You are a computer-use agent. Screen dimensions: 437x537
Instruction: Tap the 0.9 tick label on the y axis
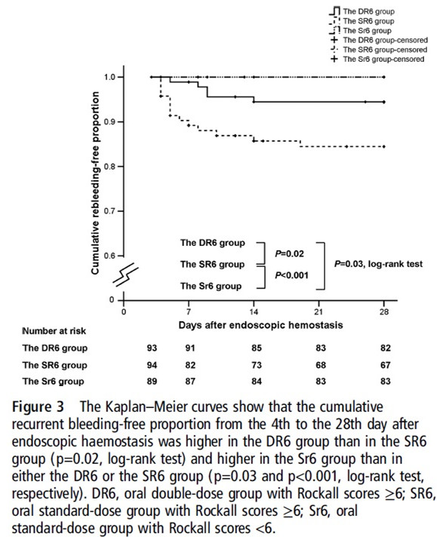pyautogui.click(x=109, y=122)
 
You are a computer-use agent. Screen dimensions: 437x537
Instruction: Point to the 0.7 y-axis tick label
pyautogui.click(x=109, y=211)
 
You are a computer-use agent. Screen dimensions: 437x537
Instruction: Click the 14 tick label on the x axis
pyautogui.click(x=254, y=311)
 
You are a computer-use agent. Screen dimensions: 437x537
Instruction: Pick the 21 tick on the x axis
pyautogui.click(x=319, y=311)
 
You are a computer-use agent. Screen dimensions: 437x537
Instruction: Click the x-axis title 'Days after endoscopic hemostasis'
pyautogui.click(x=260, y=324)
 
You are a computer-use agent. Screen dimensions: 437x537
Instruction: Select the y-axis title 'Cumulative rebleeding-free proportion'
pyautogui.click(x=95, y=183)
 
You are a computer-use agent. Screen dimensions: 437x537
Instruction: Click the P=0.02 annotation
pyautogui.click(x=289, y=253)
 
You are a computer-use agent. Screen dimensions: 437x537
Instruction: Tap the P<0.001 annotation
pyautogui.click(x=291, y=275)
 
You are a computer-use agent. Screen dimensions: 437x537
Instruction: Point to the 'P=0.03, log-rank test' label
pyautogui.click(x=378, y=264)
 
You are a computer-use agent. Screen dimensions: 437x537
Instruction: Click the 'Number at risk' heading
pyautogui.click(x=54, y=331)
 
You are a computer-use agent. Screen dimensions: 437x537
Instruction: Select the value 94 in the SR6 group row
pyautogui.click(x=152, y=365)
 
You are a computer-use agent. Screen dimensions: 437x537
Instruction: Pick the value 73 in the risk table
pyautogui.click(x=257, y=365)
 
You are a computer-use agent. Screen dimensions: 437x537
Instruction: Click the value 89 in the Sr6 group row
pyautogui.click(x=152, y=381)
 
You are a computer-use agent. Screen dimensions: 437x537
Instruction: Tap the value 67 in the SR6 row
pyautogui.click(x=386, y=365)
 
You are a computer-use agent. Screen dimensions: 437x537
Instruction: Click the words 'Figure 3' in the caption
pyautogui.click(x=38, y=407)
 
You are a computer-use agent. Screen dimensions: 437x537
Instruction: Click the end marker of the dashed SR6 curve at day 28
pyautogui.click(x=384, y=146)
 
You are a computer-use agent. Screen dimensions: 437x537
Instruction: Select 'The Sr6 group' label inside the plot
pyautogui.click(x=211, y=286)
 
